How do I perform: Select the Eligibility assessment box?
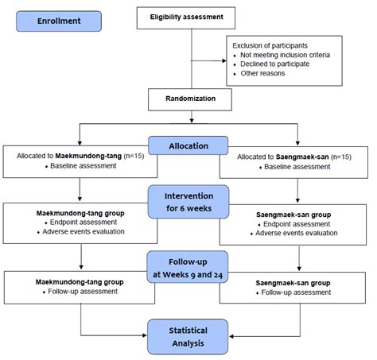tap(188, 16)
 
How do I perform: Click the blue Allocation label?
tap(188, 146)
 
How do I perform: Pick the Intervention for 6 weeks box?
tap(188, 201)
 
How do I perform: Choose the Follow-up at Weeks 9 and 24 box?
tap(188, 268)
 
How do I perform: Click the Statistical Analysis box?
tap(188, 335)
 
